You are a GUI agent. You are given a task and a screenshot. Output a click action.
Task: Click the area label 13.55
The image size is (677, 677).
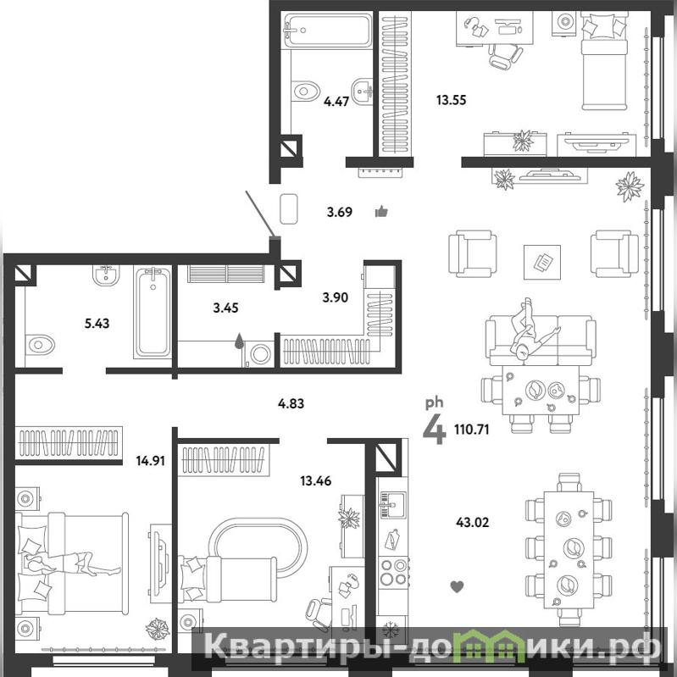451,100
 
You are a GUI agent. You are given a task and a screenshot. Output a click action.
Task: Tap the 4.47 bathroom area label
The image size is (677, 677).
336,102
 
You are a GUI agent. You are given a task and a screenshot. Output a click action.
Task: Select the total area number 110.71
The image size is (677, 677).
471,430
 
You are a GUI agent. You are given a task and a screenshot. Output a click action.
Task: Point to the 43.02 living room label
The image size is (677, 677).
472,523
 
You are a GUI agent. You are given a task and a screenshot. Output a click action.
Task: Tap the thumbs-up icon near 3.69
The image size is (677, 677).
381,212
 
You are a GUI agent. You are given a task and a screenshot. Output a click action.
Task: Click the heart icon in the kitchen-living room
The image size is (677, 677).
457,587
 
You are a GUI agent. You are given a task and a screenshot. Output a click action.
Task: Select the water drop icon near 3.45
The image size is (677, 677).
239,341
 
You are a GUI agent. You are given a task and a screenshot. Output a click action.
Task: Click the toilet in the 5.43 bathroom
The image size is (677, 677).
40,345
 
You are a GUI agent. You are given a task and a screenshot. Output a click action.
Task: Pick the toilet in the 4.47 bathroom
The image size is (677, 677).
305,92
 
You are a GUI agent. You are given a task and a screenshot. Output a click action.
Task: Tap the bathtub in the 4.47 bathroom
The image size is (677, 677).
327,31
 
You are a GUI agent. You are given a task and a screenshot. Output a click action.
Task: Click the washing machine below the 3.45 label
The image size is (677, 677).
259,354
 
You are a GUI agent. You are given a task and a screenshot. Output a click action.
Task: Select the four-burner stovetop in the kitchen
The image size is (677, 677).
393,572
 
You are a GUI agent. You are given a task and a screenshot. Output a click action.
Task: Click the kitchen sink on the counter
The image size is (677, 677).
392,504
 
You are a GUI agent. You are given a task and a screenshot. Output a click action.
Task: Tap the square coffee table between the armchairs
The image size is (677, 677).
542,262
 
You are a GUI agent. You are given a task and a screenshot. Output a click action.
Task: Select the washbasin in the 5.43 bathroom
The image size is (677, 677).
106,275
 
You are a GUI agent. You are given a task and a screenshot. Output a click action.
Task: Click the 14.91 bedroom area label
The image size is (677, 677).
150,461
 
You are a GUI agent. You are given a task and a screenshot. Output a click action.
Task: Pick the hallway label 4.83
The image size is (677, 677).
291,403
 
